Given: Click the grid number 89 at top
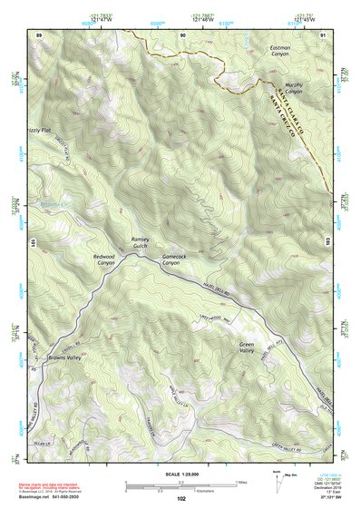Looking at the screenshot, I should tap(39, 34).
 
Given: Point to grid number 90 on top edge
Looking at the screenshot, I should tap(182, 34).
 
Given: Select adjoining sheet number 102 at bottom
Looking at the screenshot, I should tap(182, 498).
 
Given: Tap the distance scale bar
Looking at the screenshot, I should tap(181, 484).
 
